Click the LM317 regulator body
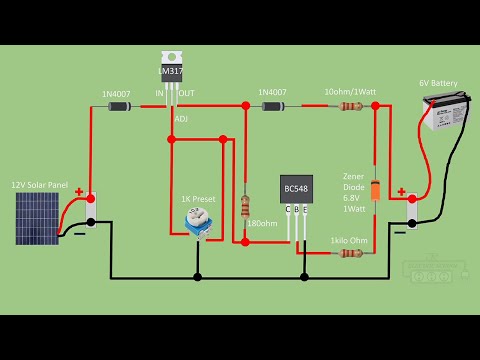coord(172,72)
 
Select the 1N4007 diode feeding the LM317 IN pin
coord(119,105)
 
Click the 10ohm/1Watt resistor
coord(349,105)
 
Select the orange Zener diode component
coord(375,190)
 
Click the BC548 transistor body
coord(296,190)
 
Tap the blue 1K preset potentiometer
coord(198,226)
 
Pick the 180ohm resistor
coord(245,207)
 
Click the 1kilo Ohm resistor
coord(349,253)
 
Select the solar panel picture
coord(37,218)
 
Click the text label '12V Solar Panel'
coord(39,185)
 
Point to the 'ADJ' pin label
coord(181,118)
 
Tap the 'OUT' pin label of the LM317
coord(186,94)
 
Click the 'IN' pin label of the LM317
coord(159,94)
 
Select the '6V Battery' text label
coord(437,83)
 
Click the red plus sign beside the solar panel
coord(78,191)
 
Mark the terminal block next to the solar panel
coord(90,210)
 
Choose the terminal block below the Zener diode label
coord(412,211)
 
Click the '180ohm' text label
coord(262,222)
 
